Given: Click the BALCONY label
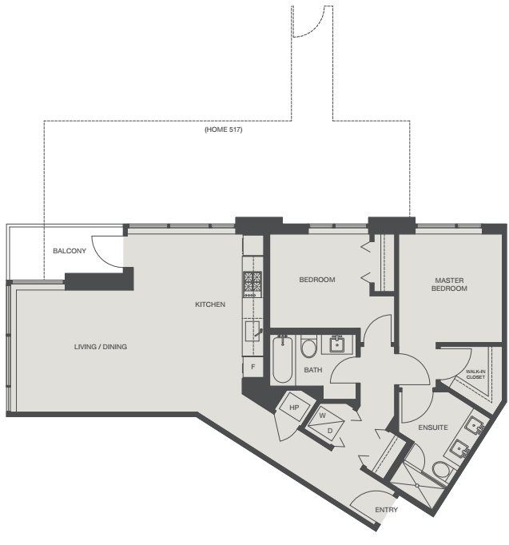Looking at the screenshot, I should click(70, 252).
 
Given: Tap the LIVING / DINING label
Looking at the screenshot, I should click(101, 347).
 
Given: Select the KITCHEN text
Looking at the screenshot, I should click(210, 304).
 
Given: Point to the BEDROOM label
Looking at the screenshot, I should click(317, 280).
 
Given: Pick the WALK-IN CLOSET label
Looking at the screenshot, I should click(475, 374).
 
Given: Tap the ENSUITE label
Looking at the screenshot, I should click(432, 428).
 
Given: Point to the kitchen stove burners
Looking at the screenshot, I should click(253, 282).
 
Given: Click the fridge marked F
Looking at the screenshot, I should click(253, 367).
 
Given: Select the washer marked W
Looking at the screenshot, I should click(321, 416).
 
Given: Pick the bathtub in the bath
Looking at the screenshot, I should click(281, 360).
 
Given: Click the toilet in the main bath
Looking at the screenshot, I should click(308, 349).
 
